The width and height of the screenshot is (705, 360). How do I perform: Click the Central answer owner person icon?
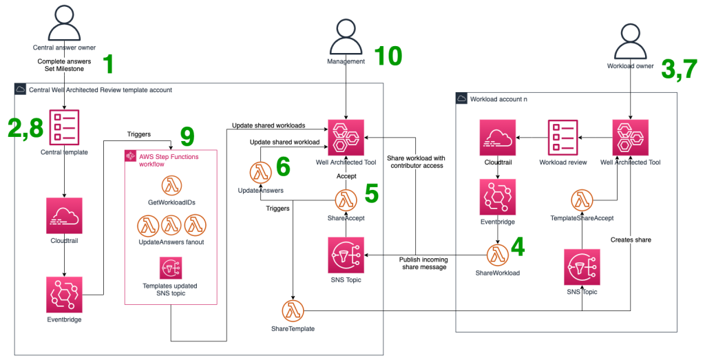(x=64, y=23)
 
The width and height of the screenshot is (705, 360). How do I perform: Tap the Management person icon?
(x=346, y=37)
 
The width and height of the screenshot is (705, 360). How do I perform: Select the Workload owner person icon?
(x=631, y=43)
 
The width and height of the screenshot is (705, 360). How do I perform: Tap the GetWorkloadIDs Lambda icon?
(x=171, y=185)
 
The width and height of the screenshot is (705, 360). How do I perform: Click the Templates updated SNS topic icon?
(x=170, y=268)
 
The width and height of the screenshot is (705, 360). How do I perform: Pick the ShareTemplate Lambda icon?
(x=294, y=310)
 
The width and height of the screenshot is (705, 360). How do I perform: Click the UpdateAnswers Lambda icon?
(x=260, y=171)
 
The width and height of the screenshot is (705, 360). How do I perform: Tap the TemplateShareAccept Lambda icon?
(x=582, y=200)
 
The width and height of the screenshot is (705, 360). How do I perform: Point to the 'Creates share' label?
(x=630, y=240)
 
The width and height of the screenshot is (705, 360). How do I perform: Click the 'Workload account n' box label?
(x=498, y=99)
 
